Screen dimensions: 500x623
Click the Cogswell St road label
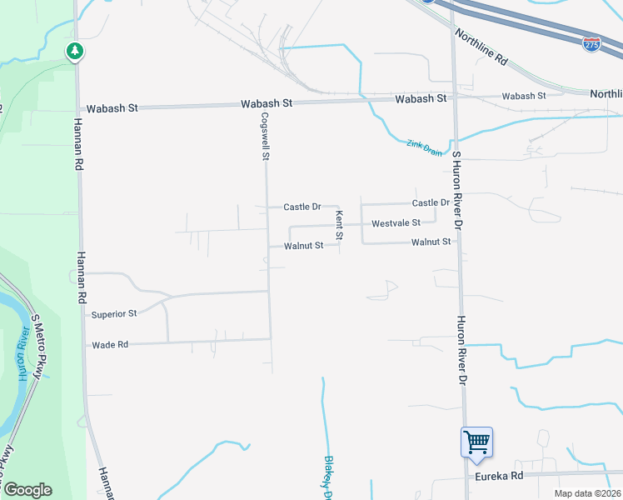266,137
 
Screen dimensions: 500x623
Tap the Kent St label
339,225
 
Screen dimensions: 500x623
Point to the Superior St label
114,314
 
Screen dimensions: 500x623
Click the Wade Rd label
110,344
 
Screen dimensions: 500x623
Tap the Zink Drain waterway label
424,147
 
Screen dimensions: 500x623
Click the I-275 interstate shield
592,42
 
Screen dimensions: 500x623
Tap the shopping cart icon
476,441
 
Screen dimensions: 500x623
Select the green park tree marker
75,52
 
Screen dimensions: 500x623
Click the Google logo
27,489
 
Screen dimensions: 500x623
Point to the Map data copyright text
587,493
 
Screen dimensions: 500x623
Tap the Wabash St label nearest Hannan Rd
111,109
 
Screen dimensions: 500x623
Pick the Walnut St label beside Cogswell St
303,246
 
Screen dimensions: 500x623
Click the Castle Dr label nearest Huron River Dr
431,202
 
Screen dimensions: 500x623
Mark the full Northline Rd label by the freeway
481,47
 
